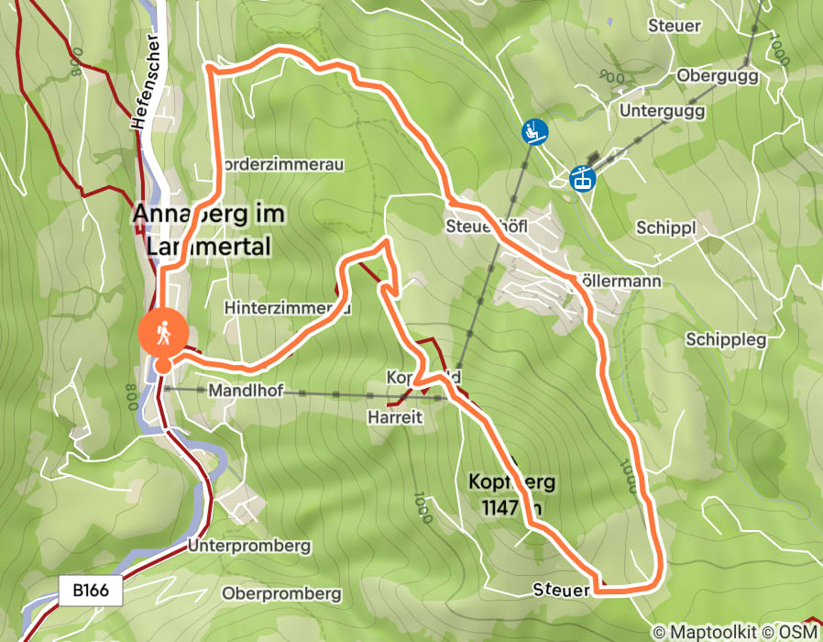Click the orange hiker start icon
point(163,334)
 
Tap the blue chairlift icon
point(533,132)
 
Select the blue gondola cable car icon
point(581,178)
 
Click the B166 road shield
point(92,591)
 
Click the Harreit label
point(394,417)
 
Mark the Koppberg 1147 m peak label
point(511,493)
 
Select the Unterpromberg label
point(249,547)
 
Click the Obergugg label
point(718,76)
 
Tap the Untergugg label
point(662,111)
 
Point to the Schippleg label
point(726,339)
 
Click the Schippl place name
point(665,227)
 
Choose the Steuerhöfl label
point(487,226)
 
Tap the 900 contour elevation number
point(610,76)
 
